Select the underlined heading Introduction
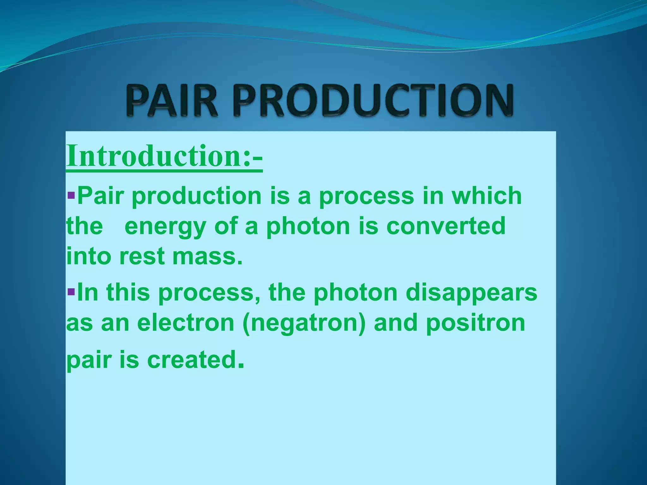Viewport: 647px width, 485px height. click(164, 156)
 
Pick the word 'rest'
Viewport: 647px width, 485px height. click(142, 256)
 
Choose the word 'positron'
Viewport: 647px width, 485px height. click(475, 323)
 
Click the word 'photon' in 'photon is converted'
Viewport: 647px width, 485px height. click(308, 227)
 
